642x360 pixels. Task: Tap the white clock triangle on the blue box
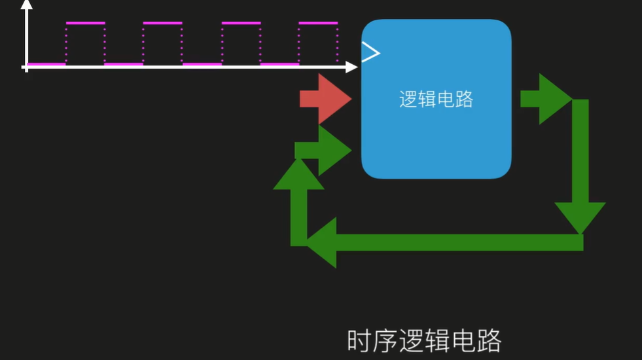pos(370,52)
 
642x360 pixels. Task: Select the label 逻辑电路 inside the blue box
pos(436,99)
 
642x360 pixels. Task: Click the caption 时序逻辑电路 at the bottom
pos(424,341)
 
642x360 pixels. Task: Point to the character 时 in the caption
pos(359,341)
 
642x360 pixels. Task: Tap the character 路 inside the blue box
pos(464,99)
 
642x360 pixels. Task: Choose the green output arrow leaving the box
pos(545,99)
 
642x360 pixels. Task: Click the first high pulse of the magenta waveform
pos(85,23)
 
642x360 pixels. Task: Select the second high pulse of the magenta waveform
pos(162,23)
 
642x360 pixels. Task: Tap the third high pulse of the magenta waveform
pos(240,23)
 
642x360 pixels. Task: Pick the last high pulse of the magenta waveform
pos(318,23)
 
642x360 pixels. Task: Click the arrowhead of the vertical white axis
pos(26,5)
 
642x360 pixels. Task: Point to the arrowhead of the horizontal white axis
pos(351,67)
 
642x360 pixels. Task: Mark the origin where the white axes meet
pos(26,67)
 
